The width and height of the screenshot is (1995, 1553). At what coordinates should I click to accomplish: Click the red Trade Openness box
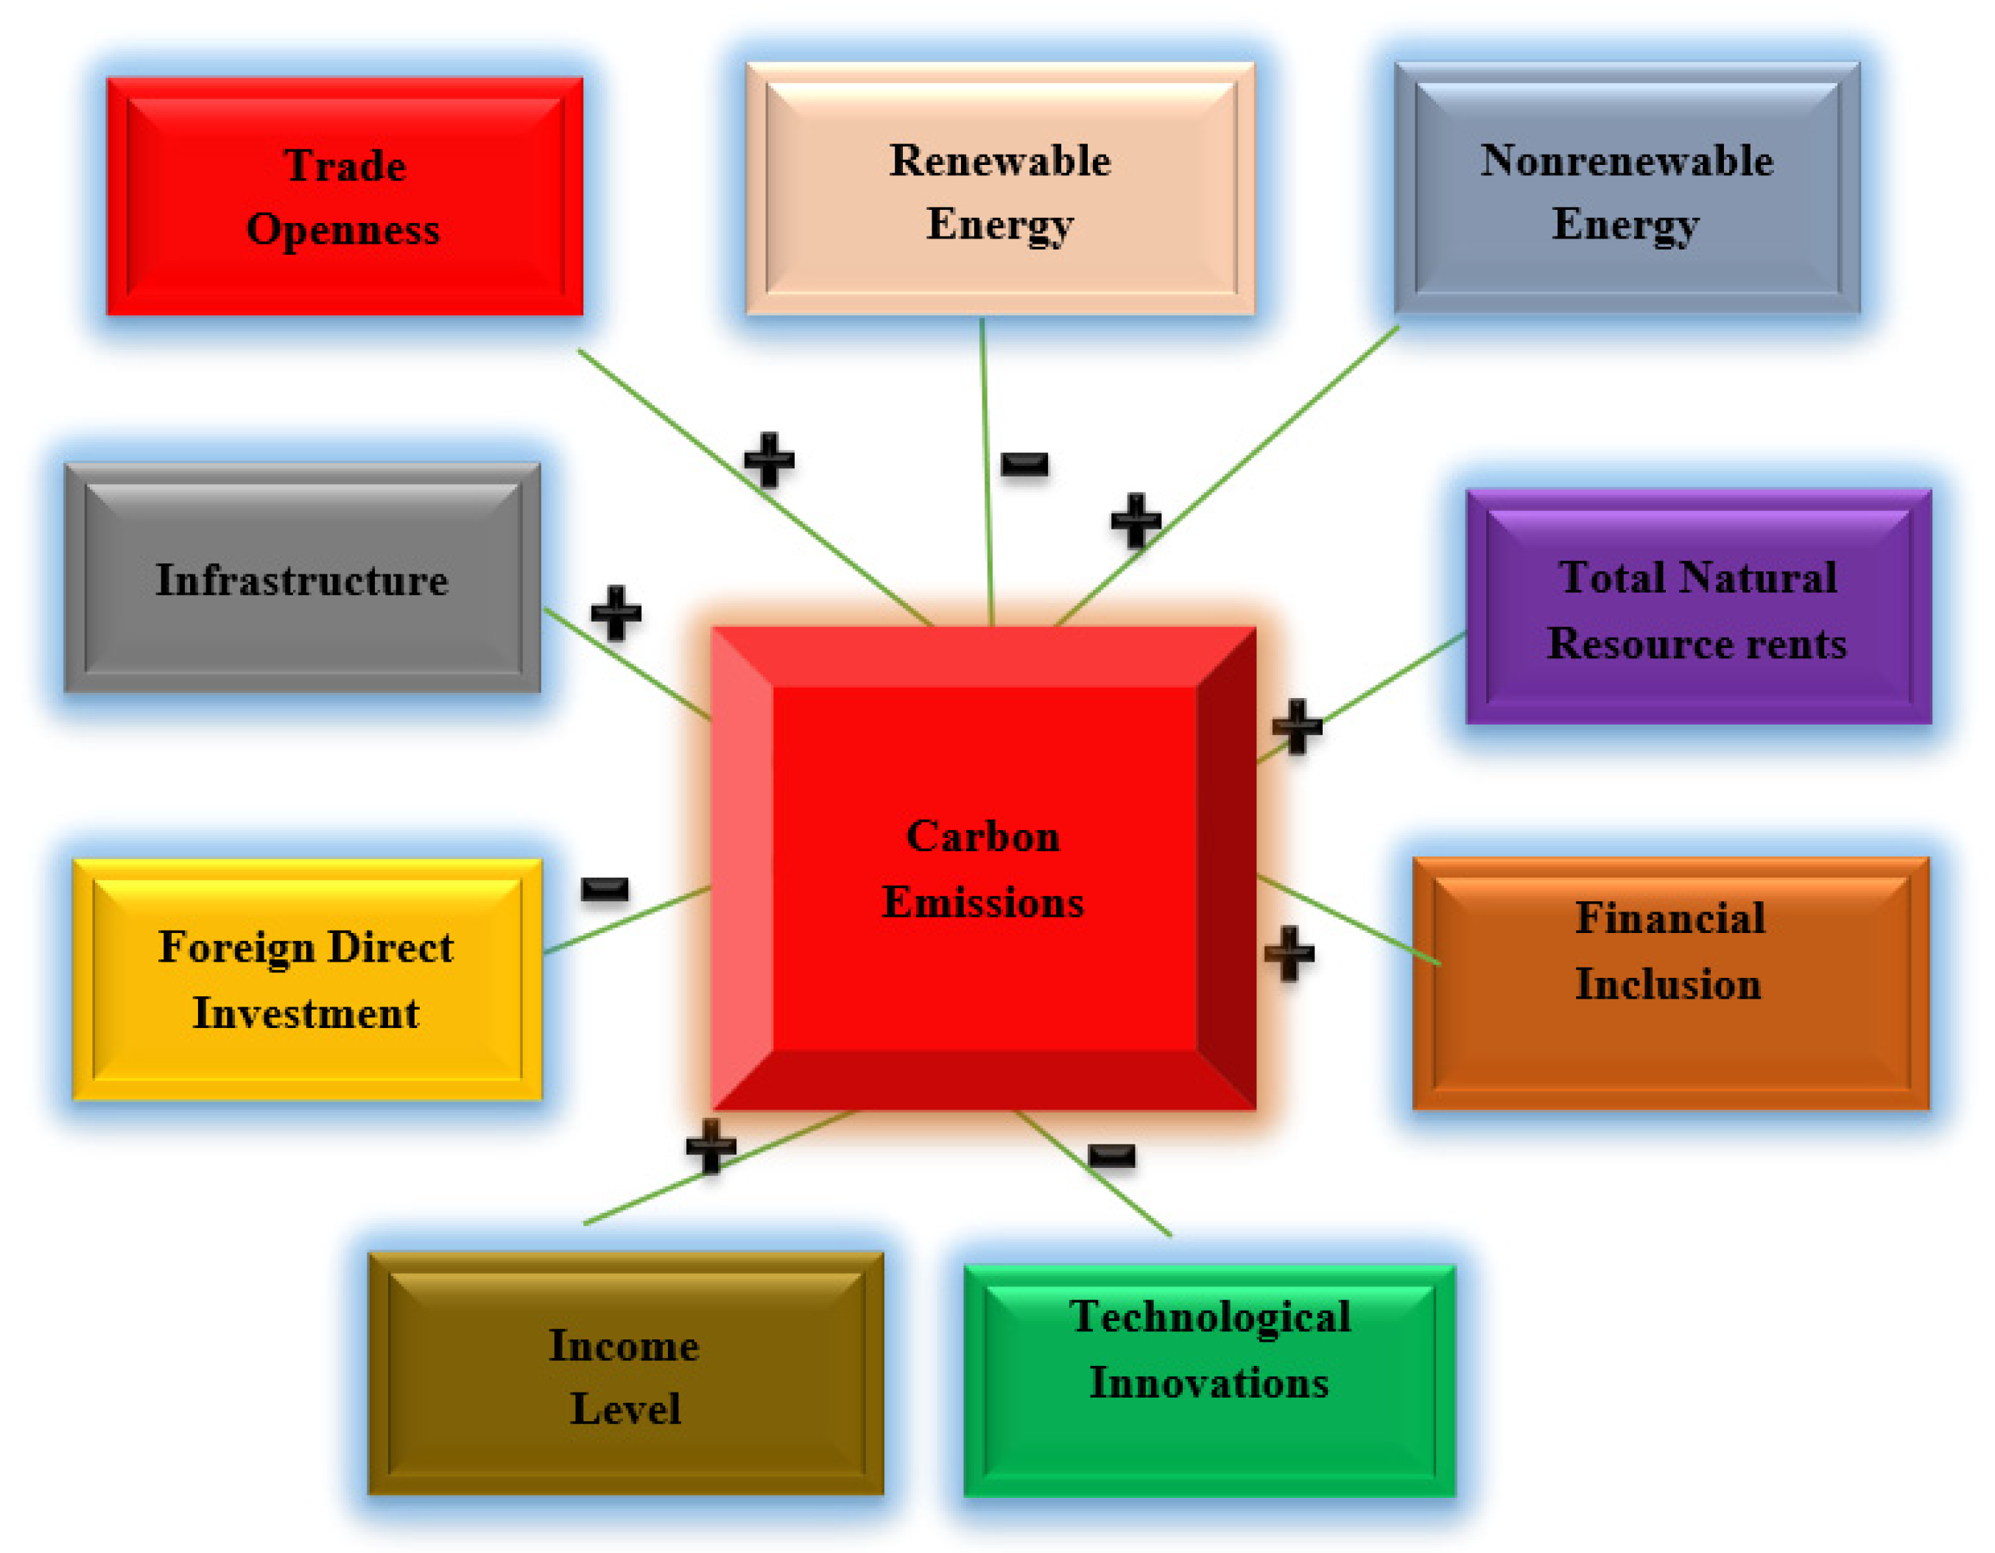(345, 197)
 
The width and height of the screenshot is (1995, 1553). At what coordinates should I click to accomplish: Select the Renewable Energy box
(1000, 189)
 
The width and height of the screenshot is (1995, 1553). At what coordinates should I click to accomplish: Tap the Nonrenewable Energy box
(1627, 189)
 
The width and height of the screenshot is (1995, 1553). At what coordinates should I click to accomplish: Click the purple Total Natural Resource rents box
(1698, 608)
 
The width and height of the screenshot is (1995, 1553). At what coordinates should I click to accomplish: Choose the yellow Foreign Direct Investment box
(307, 980)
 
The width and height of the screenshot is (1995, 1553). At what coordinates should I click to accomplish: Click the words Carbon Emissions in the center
(983, 869)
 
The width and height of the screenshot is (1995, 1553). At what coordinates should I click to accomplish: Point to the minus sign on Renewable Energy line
(1024, 464)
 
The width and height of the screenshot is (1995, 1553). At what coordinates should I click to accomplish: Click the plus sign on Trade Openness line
(769, 460)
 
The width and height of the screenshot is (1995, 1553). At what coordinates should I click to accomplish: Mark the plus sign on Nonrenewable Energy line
(1136, 521)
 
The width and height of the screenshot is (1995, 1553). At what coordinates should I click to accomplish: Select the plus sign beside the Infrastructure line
(616, 613)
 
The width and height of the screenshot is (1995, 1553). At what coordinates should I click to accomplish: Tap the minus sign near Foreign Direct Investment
(605, 888)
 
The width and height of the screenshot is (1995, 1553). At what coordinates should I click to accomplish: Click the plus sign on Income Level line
(711, 1146)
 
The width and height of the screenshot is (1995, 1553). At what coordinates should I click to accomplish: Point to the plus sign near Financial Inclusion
(1289, 954)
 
